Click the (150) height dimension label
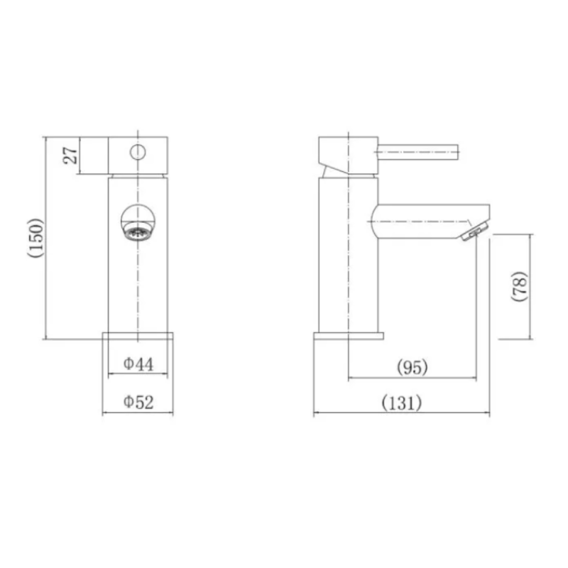coord(36,238)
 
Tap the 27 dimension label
coord(71,155)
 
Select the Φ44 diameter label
coord(138,364)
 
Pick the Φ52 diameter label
coord(138,402)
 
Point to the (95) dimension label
coord(413,367)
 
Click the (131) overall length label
coord(402,403)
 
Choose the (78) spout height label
coord(520,286)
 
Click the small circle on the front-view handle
coord(138,152)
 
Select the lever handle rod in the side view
coord(418,152)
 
